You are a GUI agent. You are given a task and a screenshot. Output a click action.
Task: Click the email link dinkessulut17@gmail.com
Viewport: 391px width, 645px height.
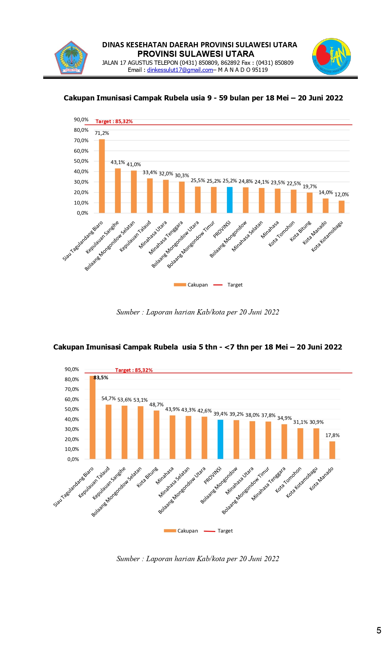click(180, 70)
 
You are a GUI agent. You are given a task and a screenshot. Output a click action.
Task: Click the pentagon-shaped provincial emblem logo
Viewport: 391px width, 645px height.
click(71, 58)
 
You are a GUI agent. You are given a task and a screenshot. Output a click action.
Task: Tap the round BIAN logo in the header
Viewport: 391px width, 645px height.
click(332, 57)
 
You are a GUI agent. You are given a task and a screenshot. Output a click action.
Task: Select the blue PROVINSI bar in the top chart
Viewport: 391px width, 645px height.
click(230, 200)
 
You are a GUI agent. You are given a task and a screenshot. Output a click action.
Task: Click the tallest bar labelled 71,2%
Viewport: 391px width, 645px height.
click(102, 176)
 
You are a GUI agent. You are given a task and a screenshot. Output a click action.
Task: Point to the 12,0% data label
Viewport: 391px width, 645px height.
click(342, 195)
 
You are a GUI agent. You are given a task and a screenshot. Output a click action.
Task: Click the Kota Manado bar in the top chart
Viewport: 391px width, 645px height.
click(325, 206)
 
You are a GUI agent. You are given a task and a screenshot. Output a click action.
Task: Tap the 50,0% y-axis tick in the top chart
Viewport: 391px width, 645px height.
click(81, 161)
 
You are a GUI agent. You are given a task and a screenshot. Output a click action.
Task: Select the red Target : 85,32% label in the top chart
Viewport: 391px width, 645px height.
click(114, 122)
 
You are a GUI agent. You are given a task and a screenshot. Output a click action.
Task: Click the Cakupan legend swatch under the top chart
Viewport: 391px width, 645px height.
click(180, 285)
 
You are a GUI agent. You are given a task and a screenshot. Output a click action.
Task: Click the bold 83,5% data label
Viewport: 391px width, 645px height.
click(101, 378)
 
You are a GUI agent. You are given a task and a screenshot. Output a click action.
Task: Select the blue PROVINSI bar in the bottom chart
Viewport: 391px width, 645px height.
click(220, 440)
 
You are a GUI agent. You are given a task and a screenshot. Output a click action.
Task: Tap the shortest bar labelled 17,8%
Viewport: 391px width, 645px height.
click(332, 450)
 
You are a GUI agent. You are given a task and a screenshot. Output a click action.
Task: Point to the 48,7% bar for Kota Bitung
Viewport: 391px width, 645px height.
click(156, 435)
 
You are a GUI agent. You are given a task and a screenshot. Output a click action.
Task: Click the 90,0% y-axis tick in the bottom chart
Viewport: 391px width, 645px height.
click(72, 369)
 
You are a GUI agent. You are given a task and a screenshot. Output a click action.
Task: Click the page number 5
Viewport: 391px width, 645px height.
click(379, 631)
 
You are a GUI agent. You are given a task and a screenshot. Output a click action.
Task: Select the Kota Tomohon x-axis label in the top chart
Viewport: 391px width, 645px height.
click(282, 233)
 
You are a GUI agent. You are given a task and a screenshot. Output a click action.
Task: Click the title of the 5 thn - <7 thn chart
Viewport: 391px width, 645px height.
click(197, 347)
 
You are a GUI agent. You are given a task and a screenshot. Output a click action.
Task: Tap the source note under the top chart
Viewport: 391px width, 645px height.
click(198, 312)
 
